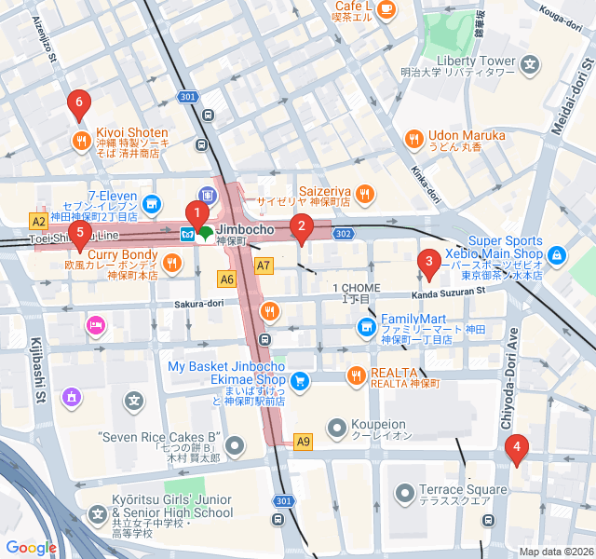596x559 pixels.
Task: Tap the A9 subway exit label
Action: (303, 441)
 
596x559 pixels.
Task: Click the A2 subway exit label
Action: (38, 222)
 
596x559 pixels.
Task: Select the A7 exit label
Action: (264, 266)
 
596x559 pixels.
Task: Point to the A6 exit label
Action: (227, 278)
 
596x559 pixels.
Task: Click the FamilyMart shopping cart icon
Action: (366, 327)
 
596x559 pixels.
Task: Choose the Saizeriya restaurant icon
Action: (364, 194)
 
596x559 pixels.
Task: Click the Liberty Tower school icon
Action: (531, 65)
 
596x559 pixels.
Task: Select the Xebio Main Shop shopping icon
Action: (557, 253)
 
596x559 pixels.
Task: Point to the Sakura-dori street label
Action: (198, 304)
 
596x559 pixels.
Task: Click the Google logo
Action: (31, 548)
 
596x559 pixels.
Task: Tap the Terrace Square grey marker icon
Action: (405, 492)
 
